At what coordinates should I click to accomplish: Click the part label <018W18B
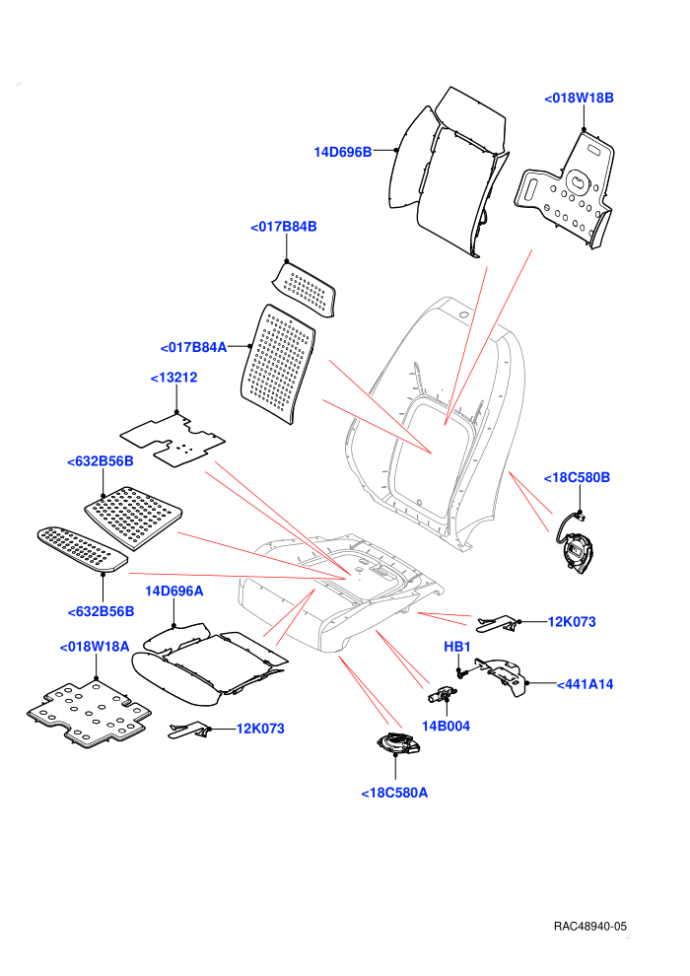click(579, 98)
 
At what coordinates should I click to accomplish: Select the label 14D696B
click(342, 152)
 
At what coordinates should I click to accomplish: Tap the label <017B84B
click(284, 227)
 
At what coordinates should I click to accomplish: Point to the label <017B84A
click(193, 347)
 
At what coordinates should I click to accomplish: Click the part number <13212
click(174, 378)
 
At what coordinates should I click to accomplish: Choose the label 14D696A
click(174, 591)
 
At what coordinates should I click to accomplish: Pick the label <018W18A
click(95, 647)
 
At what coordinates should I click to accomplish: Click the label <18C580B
click(577, 477)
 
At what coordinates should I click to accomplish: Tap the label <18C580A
click(394, 793)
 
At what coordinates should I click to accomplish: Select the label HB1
click(457, 647)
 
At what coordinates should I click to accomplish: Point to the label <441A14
click(585, 684)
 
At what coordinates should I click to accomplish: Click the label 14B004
click(447, 726)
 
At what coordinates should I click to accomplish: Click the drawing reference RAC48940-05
click(589, 926)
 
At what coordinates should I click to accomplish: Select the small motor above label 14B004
click(442, 694)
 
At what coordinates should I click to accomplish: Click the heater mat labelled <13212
click(172, 440)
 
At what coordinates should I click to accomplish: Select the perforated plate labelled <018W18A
click(89, 714)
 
